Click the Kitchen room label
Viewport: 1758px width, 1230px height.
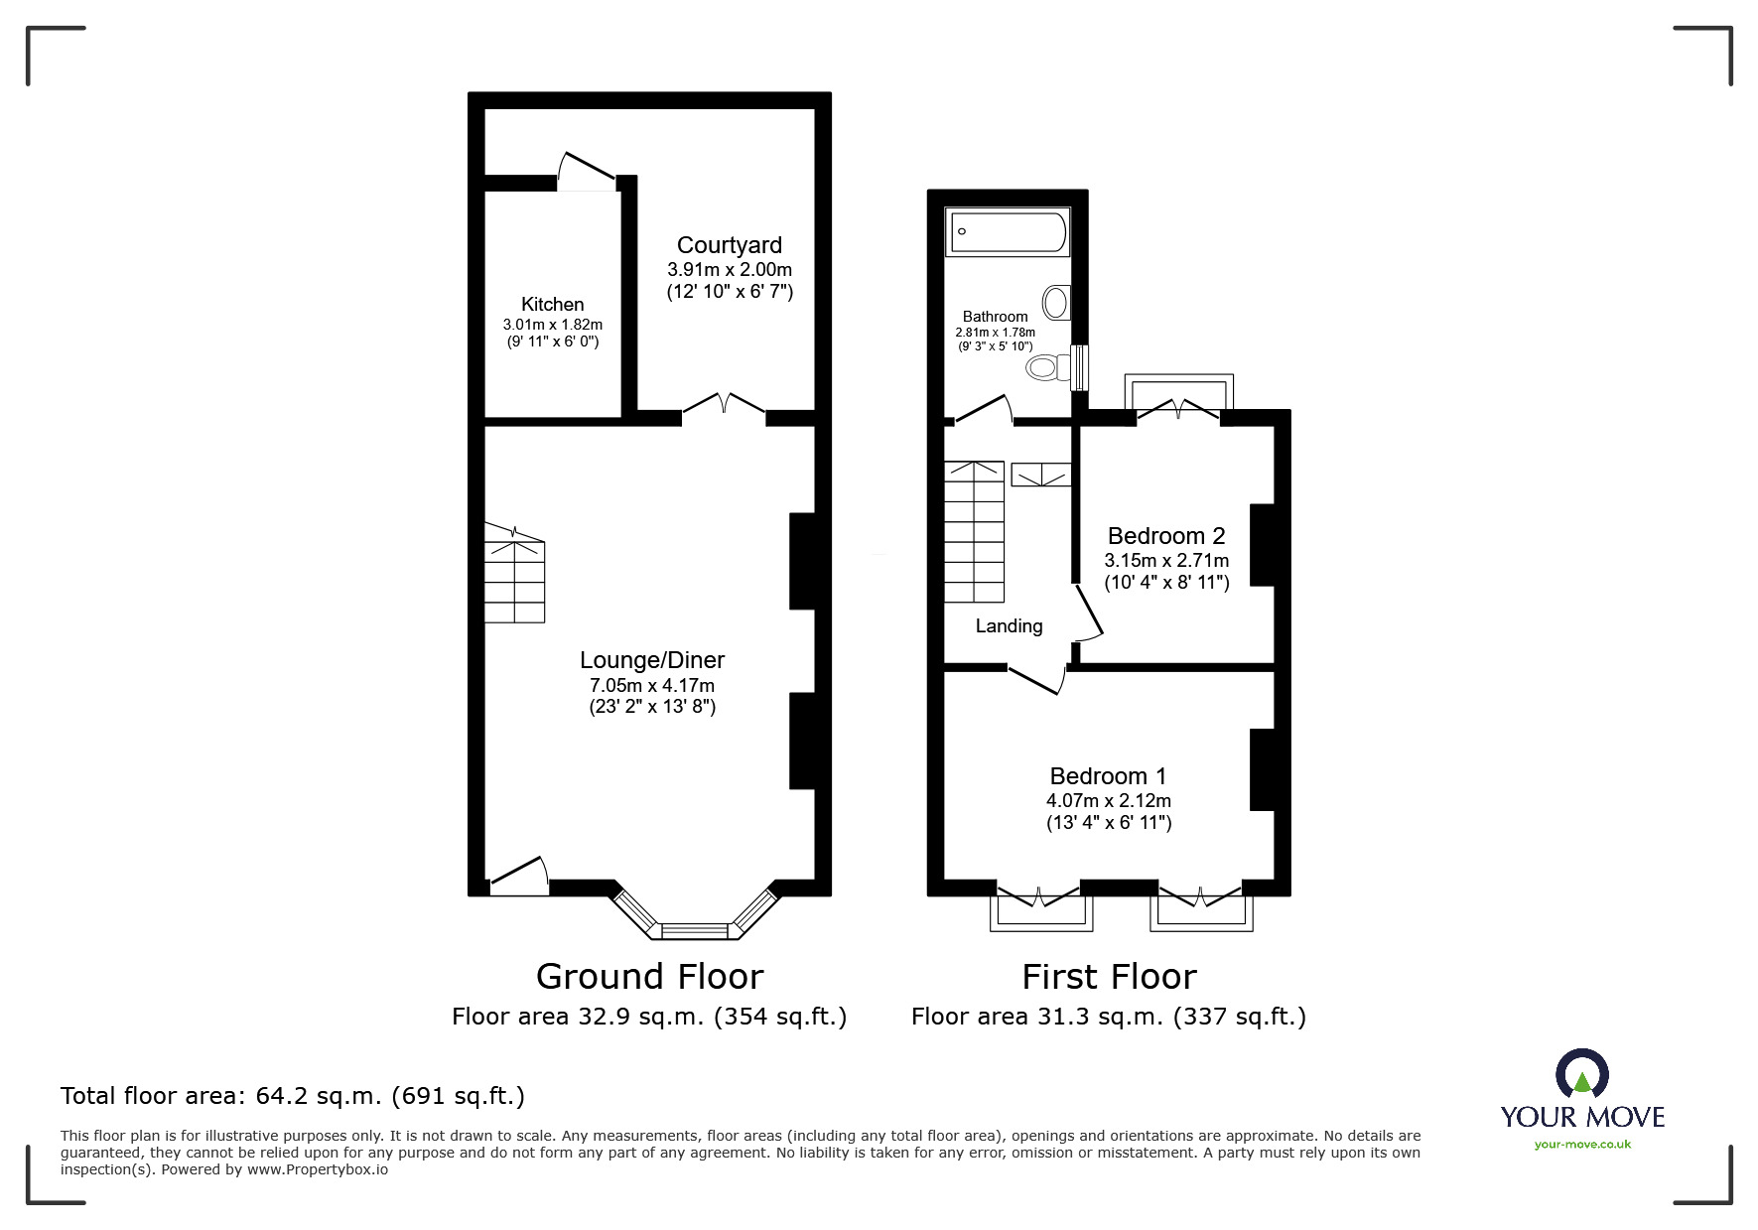(x=552, y=305)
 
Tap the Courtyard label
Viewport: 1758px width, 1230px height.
(x=729, y=245)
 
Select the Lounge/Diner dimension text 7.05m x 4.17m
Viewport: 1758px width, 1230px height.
(x=651, y=685)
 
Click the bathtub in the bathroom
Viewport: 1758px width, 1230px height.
(x=1008, y=232)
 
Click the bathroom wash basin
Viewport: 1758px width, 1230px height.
(x=1057, y=302)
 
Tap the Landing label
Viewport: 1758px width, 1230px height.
(x=1009, y=625)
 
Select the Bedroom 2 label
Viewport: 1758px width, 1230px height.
(x=1165, y=536)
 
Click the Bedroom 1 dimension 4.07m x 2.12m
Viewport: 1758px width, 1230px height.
(x=1108, y=800)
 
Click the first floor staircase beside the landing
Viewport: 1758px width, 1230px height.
(x=974, y=531)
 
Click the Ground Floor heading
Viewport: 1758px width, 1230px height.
(x=649, y=977)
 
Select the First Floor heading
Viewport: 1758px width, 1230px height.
(x=1109, y=977)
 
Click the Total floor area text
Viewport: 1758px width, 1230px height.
(x=293, y=1096)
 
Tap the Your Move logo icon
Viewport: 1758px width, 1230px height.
(x=1581, y=1074)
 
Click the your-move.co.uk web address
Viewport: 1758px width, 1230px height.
(x=1582, y=1145)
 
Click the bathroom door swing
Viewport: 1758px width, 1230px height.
(x=983, y=410)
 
